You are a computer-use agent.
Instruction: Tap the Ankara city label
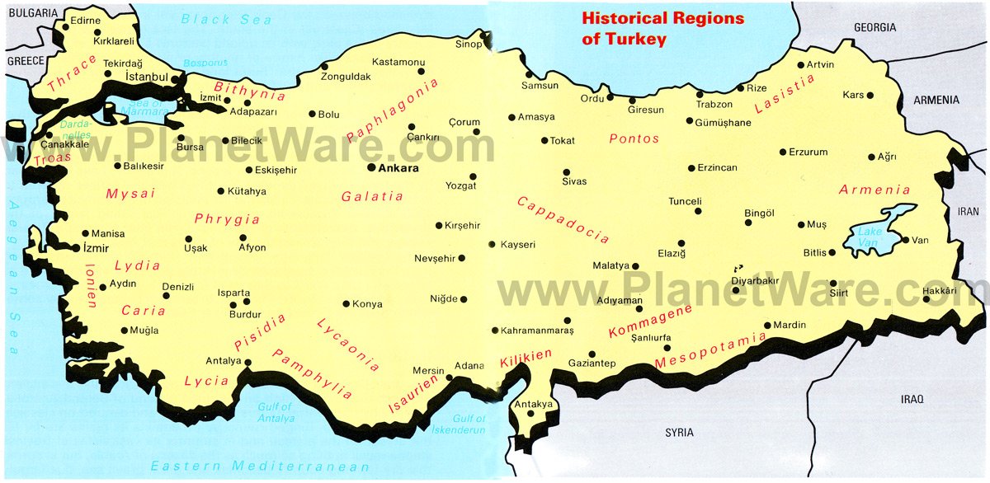pos(397,168)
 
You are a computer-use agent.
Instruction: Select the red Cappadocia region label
pos(563,219)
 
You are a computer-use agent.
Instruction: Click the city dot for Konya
pos(346,303)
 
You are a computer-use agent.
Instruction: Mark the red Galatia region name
pos(372,196)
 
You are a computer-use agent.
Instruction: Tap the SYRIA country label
pos(680,433)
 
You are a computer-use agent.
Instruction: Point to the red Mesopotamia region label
pos(709,350)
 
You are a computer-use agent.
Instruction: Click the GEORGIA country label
pos(874,27)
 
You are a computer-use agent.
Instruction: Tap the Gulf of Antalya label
pos(276,412)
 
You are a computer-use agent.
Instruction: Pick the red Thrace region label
pos(73,74)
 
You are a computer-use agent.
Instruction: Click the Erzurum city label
pos(808,152)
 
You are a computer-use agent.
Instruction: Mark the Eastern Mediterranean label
pos(247,466)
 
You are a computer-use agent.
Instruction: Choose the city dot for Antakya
pos(530,413)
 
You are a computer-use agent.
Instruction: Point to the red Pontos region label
pos(634,138)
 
